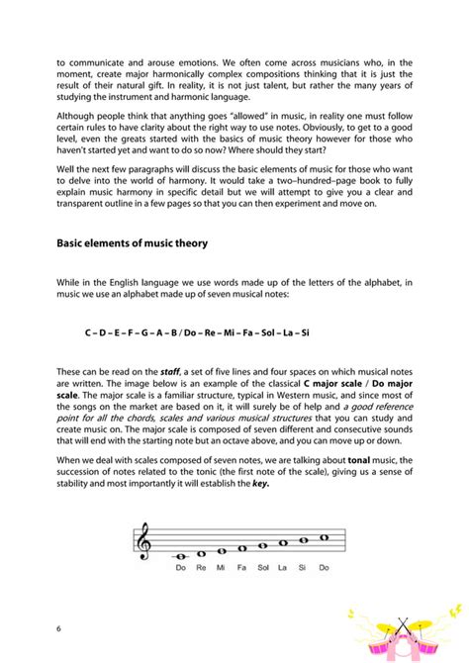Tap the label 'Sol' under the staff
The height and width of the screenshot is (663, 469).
click(263, 569)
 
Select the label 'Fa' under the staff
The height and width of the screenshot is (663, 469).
click(242, 569)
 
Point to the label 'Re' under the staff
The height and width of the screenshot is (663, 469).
click(201, 569)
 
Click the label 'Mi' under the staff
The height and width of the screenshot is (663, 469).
click(222, 569)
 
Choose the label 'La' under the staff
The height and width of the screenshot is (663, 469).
click(283, 569)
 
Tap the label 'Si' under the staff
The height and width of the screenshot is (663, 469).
click(304, 569)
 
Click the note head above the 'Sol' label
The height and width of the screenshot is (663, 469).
click(263, 544)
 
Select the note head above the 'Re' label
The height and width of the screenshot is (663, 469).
click(201, 553)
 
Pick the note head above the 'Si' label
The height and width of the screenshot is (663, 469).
click(304, 539)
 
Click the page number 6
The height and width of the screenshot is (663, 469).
click(58, 629)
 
